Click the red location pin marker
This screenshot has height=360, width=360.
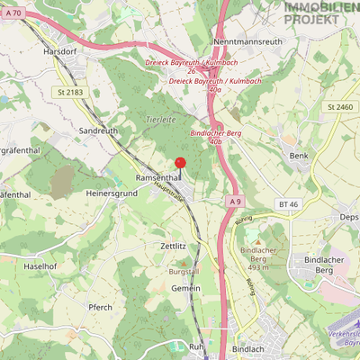(179, 163)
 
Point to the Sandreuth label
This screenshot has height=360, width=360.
(99, 130)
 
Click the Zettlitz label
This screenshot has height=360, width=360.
(172, 245)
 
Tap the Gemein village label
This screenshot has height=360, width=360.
(186, 288)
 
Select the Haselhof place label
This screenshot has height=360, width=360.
(40, 266)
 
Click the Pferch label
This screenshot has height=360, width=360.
(100, 307)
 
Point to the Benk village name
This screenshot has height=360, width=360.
(298, 156)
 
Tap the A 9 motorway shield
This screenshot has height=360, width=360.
(235, 201)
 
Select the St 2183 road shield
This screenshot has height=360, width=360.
(67, 92)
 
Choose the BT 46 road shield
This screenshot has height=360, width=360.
(288, 205)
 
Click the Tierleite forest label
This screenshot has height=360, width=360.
(158, 120)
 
